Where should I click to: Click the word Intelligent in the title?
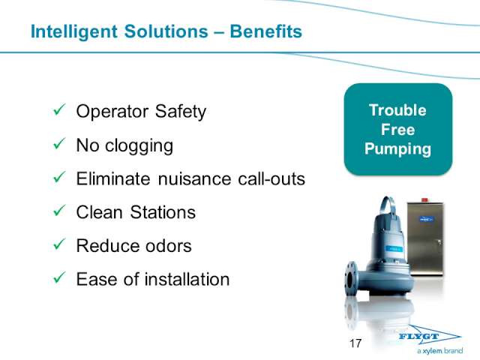point(74,31)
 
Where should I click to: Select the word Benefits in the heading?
point(265,31)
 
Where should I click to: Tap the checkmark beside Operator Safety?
point(59,109)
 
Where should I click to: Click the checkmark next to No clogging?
point(59,143)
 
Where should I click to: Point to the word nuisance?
point(194,178)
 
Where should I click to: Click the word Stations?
point(163,212)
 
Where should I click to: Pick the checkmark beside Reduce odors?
point(59,244)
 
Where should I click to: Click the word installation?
point(187,279)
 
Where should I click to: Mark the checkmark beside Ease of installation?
point(59,277)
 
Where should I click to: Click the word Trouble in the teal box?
point(397,110)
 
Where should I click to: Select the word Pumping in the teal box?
point(397,149)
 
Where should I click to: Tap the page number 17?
point(355,343)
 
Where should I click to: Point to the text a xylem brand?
point(440,351)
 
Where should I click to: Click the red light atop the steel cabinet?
point(424,200)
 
